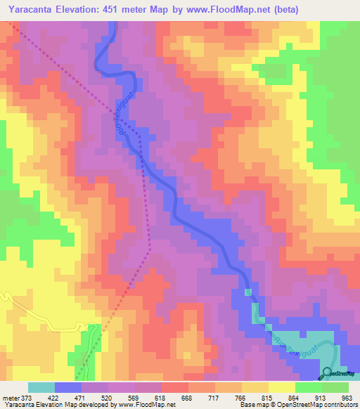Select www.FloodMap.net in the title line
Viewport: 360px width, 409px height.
tap(231, 10)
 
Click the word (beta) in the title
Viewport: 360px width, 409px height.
tap(298, 10)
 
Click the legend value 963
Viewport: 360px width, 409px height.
tap(347, 397)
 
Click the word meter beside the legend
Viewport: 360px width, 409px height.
tap(11, 397)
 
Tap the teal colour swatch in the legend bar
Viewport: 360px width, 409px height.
tap(41, 387)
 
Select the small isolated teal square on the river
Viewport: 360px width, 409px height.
tap(247, 292)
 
